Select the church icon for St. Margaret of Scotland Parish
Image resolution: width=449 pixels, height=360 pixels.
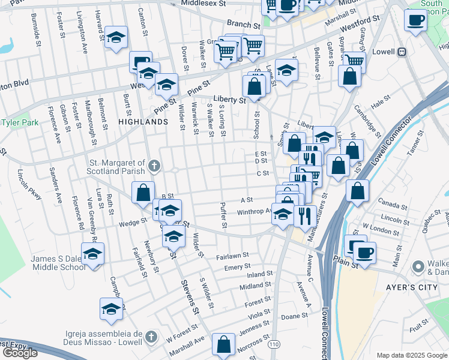pyautogui.click(x=154, y=166)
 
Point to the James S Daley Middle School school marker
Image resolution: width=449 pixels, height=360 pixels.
pyautogui.click(x=92, y=254)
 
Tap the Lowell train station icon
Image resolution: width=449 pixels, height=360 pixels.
pyautogui.click(x=401, y=52)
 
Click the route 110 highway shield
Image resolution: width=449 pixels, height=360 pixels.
pyautogui.click(x=275, y=344)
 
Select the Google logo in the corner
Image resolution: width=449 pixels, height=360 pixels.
pyautogui.click(x=20, y=352)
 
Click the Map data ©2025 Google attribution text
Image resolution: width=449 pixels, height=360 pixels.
pyautogui.click(x=412, y=355)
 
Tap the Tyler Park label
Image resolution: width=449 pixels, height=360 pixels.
pyautogui.click(x=20, y=122)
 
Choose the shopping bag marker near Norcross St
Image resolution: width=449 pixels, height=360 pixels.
pyautogui.click(x=223, y=344)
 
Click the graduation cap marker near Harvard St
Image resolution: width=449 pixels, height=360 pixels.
pyautogui.click(x=116, y=37)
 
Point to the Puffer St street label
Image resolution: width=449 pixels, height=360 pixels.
pyautogui.click(x=224, y=217)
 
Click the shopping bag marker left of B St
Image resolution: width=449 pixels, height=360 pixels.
pyautogui.click(x=143, y=194)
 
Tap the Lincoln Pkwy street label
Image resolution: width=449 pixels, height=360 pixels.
pyautogui.click(x=28, y=187)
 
